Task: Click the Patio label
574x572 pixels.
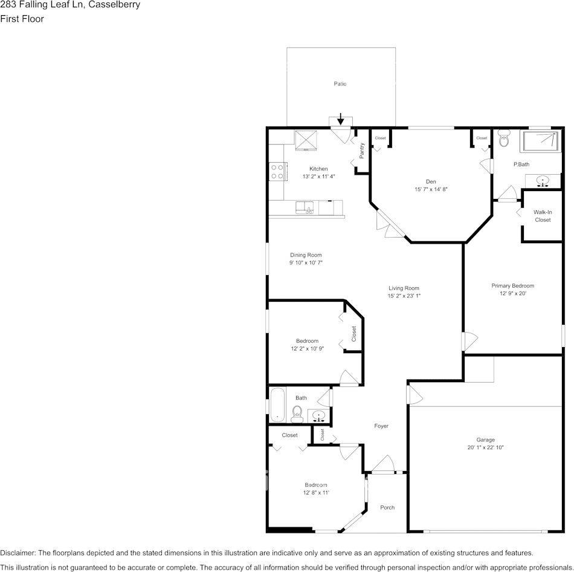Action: [x=340, y=84]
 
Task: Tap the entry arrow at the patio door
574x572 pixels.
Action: [x=340, y=119]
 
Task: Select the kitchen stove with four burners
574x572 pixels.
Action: [x=278, y=172]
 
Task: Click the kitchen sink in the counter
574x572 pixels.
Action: [x=305, y=207]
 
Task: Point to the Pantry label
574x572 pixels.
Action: [x=362, y=151]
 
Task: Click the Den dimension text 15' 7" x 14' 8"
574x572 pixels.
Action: [x=431, y=189]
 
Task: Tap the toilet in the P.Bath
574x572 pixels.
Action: [x=504, y=138]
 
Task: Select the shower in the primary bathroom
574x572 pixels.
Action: [x=542, y=141]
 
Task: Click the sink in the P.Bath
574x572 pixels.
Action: [x=543, y=181]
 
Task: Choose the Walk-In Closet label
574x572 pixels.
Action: [x=543, y=216]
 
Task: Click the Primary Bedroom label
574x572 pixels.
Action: [x=512, y=286]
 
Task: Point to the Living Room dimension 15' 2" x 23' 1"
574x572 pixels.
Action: [x=404, y=296]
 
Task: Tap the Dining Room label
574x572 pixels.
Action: [x=306, y=255]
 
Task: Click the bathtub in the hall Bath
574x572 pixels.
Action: [x=278, y=405]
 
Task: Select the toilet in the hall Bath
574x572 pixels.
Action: [x=297, y=414]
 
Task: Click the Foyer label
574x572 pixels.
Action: [x=381, y=426]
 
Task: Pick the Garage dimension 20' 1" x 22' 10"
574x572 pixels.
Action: [x=485, y=447]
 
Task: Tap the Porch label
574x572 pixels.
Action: [x=387, y=507]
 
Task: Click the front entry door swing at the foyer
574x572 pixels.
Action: [x=383, y=464]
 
